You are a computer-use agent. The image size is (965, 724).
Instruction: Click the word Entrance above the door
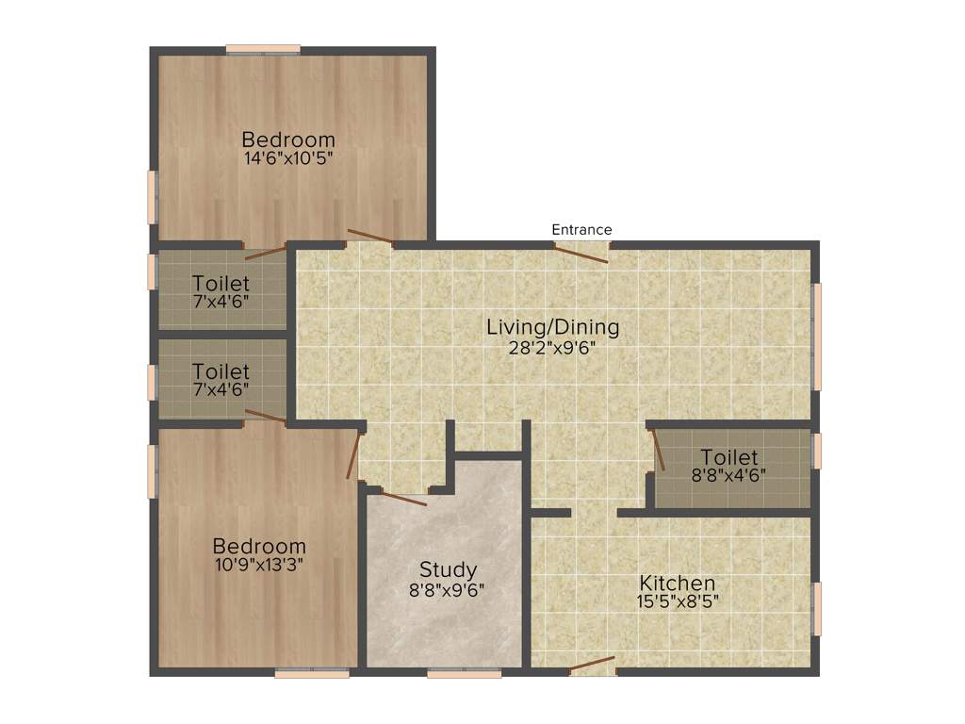coord(581,229)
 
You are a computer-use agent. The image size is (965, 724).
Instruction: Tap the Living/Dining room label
coord(552,327)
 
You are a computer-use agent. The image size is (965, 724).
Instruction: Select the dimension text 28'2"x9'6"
coord(552,346)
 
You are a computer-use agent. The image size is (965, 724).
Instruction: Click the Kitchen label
coord(678,583)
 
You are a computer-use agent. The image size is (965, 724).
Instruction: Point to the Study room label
coord(448,569)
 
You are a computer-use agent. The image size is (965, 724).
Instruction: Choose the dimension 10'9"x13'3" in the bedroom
coord(259,565)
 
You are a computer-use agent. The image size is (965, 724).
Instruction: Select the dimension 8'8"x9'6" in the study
coord(448,589)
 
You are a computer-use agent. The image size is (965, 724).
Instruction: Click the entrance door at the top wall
coord(581,249)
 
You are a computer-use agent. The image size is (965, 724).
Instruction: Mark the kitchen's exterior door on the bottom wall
coord(593,666)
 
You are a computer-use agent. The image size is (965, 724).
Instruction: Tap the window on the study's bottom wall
coord(464,673)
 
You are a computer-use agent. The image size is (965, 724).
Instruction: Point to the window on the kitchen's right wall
coord(817,608)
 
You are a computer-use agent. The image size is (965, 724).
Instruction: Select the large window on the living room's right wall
coord(817,336)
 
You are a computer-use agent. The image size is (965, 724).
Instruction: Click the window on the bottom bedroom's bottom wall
coord(312,673)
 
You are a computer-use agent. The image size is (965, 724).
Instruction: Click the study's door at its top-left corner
coord(403,497)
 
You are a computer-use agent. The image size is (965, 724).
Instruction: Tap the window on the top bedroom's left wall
coord(152,196)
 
